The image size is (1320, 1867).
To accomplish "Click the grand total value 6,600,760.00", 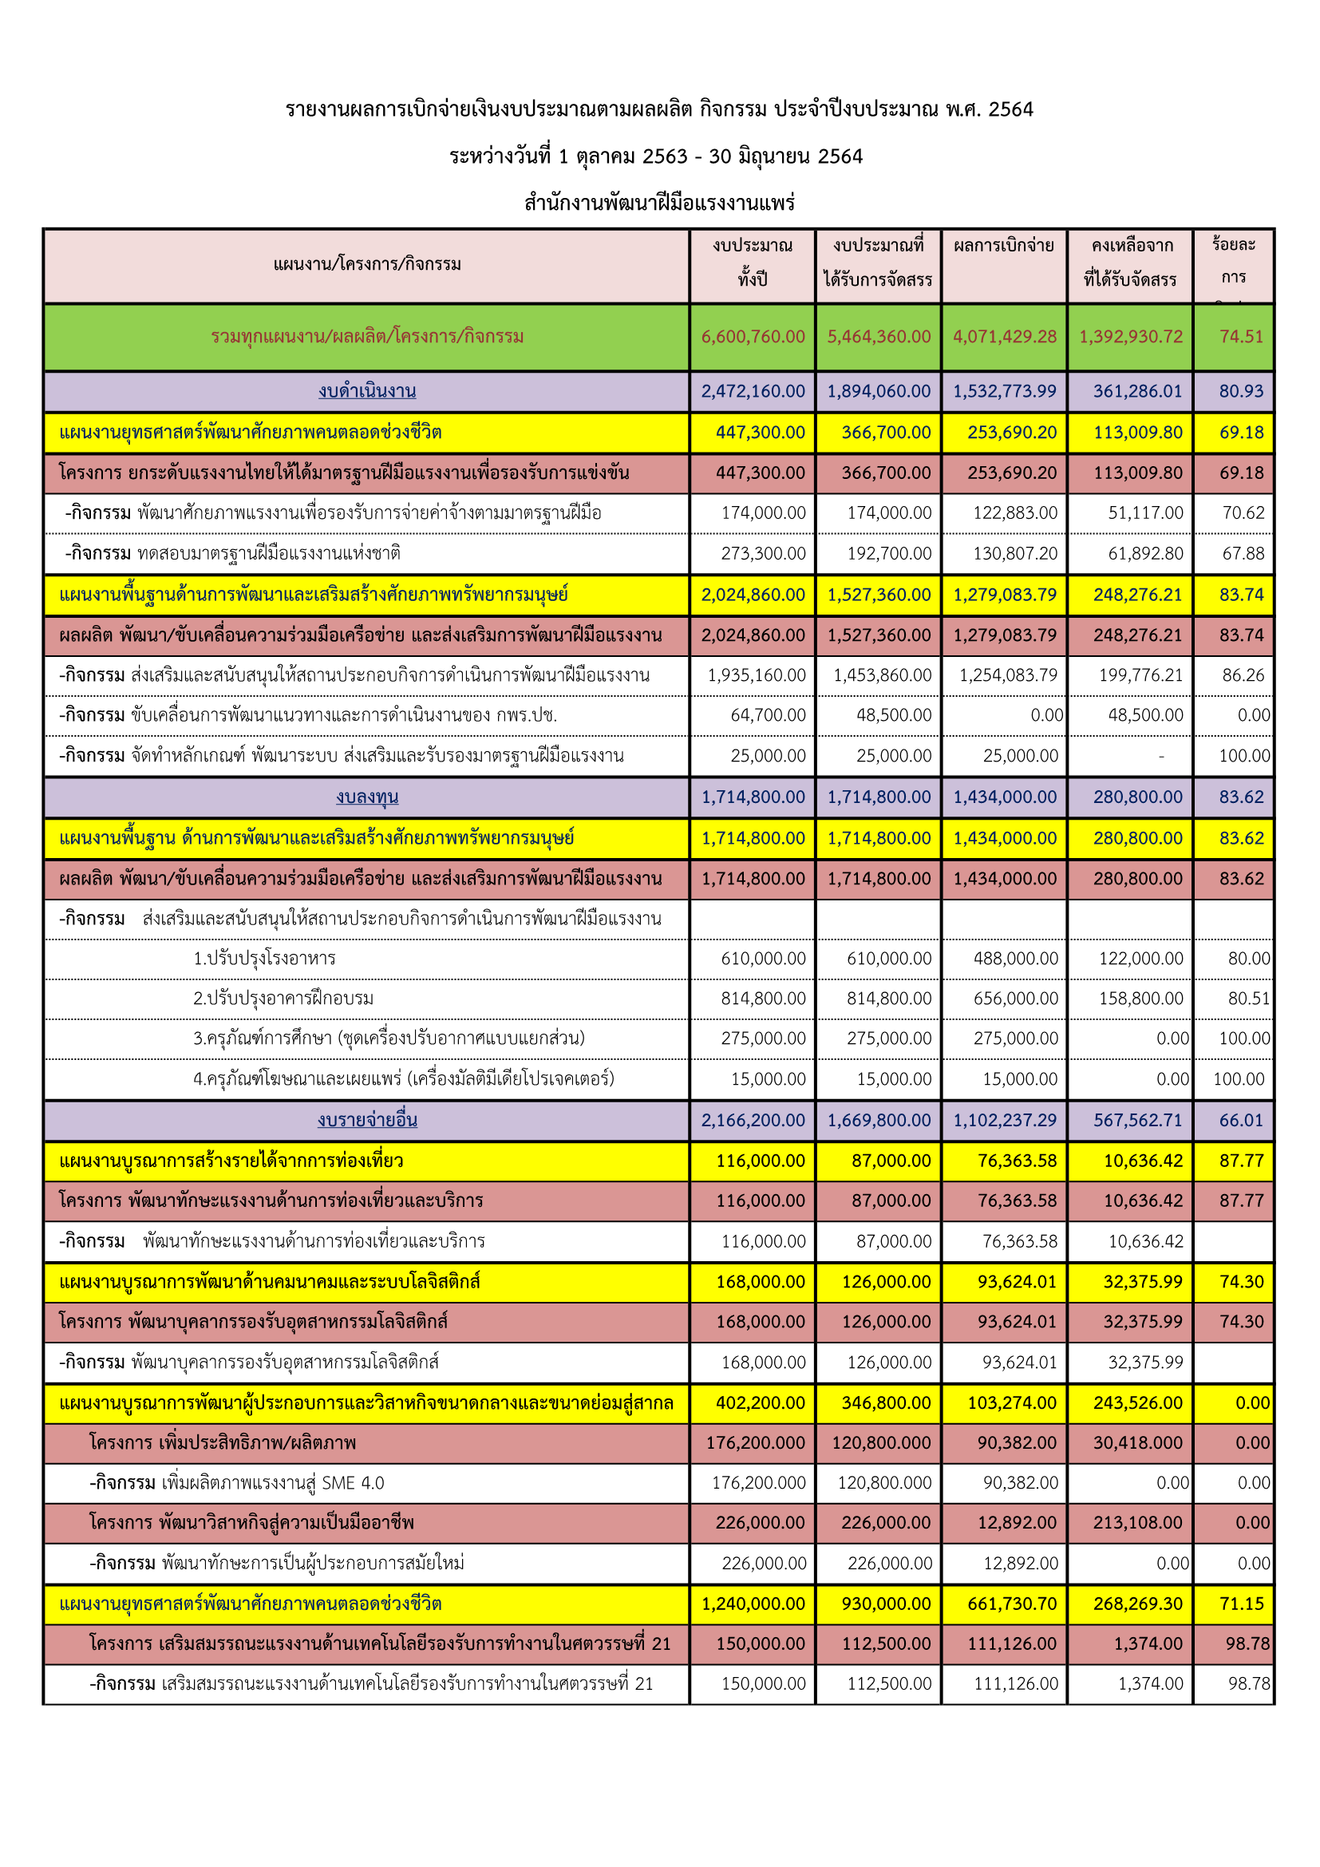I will point(753,336).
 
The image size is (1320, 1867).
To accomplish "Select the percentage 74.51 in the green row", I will point(1241,336).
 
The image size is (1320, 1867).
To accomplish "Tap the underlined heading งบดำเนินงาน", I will point(367,391).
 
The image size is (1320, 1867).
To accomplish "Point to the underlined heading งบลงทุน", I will point(367,797).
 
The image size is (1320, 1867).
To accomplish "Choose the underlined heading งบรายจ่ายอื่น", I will point(367,1120).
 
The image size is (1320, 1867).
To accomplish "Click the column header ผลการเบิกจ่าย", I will point(1004,246).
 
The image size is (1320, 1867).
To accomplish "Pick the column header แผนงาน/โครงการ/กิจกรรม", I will point(367,264).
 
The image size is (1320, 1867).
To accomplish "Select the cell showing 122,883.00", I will point(1015,513).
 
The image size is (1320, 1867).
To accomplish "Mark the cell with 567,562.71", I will point(1137,1120).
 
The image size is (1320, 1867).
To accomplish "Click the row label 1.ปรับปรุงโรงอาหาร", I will point(264,959).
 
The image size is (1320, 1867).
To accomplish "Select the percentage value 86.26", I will point(1243,675).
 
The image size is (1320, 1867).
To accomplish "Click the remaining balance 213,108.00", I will point(1137,1523).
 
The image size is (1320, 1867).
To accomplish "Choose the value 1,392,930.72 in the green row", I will point(1131,336).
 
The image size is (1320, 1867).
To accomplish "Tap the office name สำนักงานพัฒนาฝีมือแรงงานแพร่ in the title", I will point(659,203).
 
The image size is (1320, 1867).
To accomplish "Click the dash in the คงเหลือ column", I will point(1160,756).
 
